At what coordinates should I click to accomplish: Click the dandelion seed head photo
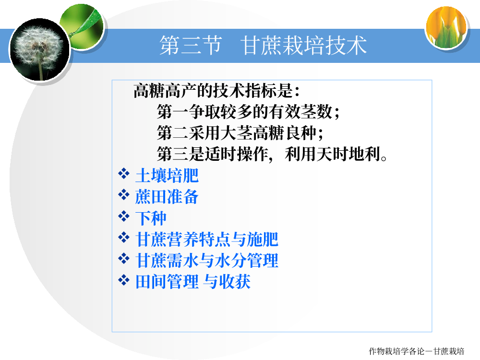[x=40, y=49]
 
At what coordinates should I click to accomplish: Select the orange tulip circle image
[x=446, y=27]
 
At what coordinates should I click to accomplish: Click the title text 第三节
[x=191, y=45]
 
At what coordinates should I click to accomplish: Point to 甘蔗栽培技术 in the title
[x=303, y=45]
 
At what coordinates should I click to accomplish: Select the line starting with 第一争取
[x=248, y=111]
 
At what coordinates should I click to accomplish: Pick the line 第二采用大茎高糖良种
[x=240, y=132]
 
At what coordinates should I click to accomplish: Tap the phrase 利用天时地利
[x=336, y=154]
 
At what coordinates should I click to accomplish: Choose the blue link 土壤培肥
[x=167, y=175]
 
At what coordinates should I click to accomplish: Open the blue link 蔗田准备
[x=167, y=196]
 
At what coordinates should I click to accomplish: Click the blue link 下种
[x=151, y=218]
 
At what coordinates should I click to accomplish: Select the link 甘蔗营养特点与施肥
[x=206, y=239]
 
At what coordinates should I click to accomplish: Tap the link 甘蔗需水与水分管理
[x=206, y=260]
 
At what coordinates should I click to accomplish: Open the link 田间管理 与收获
[x=193, y=281]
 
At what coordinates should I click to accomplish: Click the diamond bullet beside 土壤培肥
[x=124, y=174]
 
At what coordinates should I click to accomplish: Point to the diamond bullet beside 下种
[x=124, y=216]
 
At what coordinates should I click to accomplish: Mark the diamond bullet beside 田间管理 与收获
[x=124, y=280]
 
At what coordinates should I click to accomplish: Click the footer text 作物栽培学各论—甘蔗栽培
[x=417, y=351]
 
